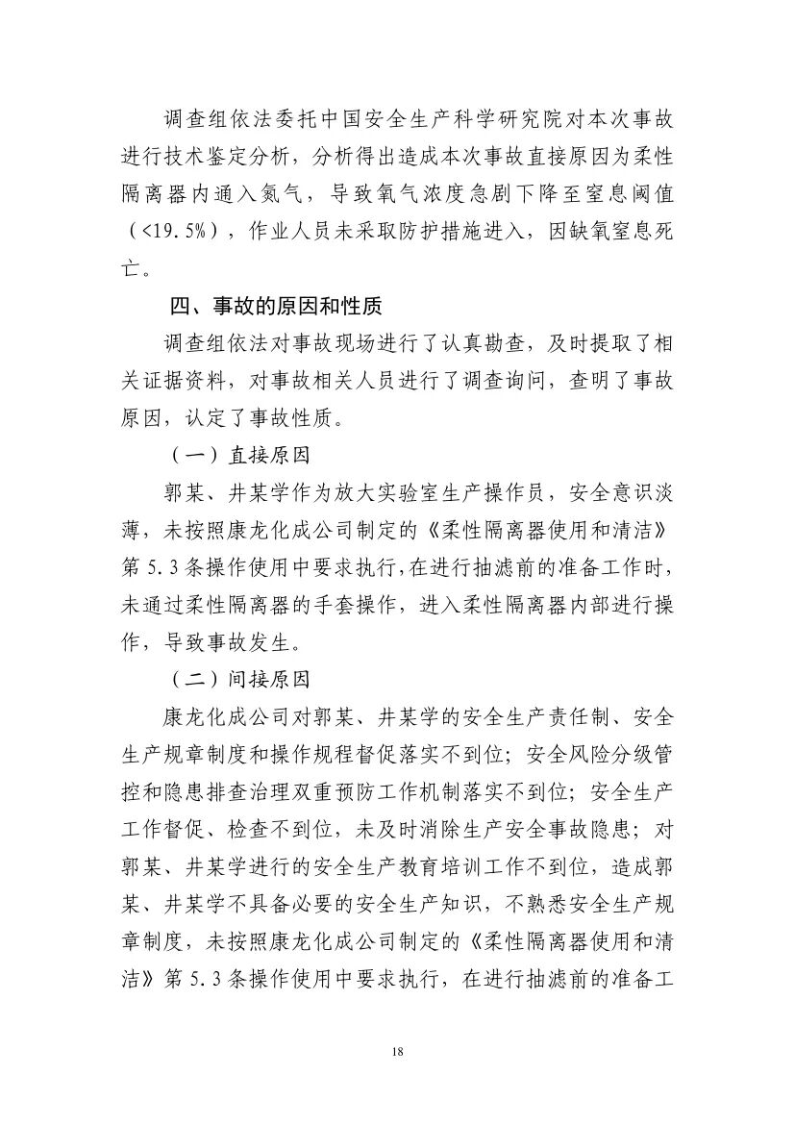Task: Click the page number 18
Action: (397, 1052)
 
